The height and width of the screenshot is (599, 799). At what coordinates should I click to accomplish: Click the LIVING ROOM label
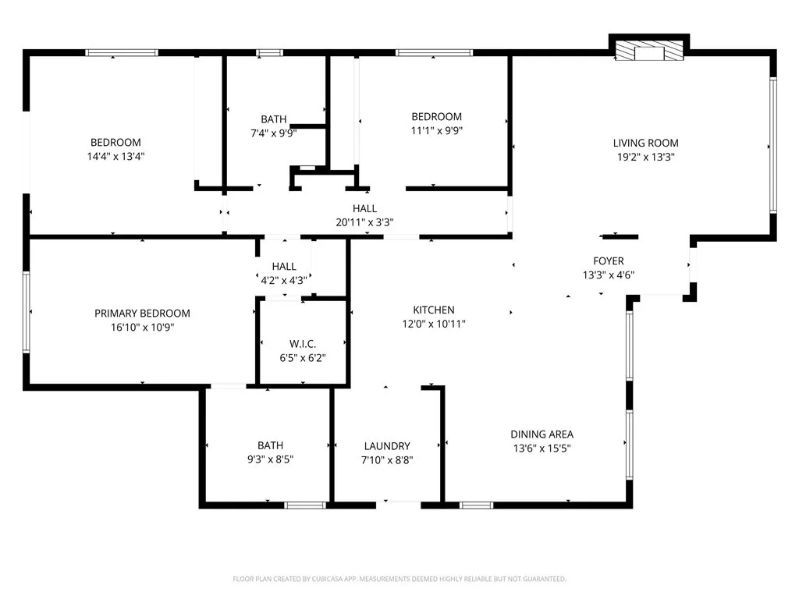[x=645, y=143]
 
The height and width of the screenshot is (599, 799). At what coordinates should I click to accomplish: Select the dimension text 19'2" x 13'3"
[x=645, y=156]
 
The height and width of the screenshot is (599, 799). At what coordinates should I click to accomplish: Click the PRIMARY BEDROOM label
[x=142, y=314]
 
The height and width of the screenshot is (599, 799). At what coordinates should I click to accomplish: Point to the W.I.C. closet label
[x=302, y=344]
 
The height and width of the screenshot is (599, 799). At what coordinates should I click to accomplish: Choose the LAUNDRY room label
[x=387, y=446]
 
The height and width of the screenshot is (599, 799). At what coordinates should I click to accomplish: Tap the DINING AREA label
[x=542, y=434]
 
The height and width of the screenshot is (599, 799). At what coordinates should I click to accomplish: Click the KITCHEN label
[x=434, y=310]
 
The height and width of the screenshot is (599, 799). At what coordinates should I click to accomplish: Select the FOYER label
[x=609, y=261]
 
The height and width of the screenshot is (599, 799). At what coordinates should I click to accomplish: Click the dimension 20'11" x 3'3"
[x=364, y=222]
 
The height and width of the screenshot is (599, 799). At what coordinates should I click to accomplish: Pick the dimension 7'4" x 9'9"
[x=274, y=133]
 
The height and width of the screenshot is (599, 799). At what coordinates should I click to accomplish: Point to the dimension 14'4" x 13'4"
[x=115, y=155]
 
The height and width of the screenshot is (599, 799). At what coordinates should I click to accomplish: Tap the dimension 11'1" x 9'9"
[x=436, y=130]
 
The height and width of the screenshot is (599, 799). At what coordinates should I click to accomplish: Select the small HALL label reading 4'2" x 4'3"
[x=284, y=279]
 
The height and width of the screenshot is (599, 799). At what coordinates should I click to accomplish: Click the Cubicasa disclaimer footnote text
[x=399, y=579]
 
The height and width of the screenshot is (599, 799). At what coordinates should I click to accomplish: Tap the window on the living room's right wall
[x=773, y=144]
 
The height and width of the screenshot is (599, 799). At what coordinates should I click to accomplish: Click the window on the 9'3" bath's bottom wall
[x=304, y=505]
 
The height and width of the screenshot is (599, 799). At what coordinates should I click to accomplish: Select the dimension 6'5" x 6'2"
[x=302, y=358]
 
